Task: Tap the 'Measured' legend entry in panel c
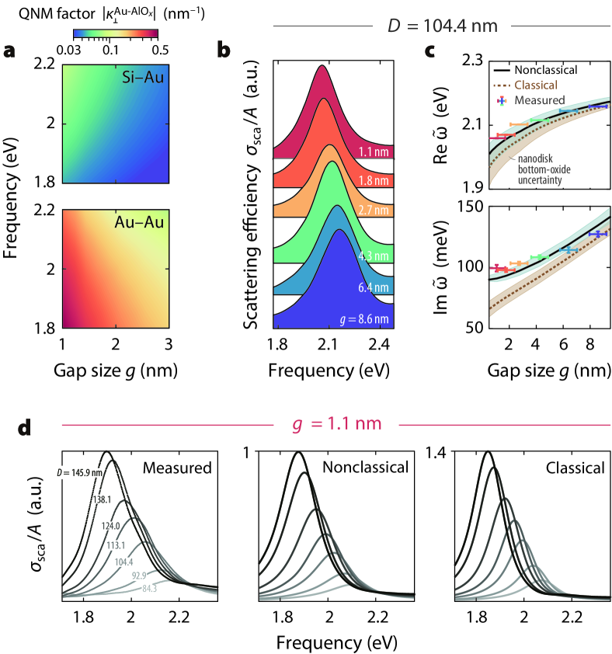[535, 100]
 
